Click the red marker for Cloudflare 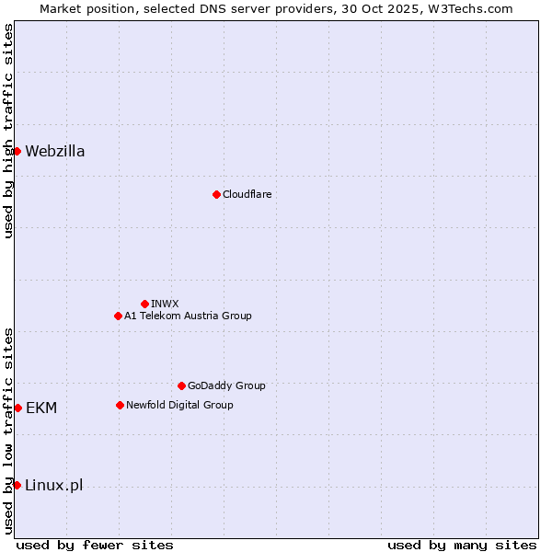point(216,194)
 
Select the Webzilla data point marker point(17,151)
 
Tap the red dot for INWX point(144,304)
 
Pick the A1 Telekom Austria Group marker point(118,316)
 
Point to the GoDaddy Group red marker point(181,385)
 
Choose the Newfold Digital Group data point point(120,405)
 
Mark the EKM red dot point(17,408)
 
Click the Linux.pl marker point(17,485)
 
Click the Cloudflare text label point(247,194)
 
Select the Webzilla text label point(55,151)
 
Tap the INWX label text point(165,304)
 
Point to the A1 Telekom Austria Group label point(188,316)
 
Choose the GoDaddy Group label point(226,385)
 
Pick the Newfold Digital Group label point(179,405)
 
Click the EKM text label point(41,408)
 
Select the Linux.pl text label point(54,485)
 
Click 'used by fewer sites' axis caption point(95,545)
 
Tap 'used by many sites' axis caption point(462,545)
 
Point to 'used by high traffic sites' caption point(8,131)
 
